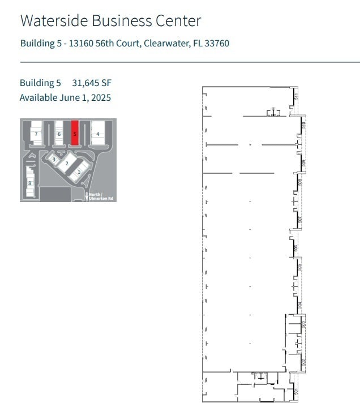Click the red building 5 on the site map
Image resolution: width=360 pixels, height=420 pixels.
75,134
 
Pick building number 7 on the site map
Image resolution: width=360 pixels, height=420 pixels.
36,134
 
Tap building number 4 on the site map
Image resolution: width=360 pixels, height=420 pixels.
98,134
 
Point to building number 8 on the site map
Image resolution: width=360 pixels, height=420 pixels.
29,183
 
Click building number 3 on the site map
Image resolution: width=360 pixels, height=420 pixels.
54,160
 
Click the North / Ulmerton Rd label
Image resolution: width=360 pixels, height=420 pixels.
101,196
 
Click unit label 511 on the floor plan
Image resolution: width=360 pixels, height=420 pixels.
297,97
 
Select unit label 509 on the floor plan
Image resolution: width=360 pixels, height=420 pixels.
303,163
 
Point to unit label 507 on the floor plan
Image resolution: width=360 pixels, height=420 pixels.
300,218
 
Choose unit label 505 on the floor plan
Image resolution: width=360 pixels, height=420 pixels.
300,266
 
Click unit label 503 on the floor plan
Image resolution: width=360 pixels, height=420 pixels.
303,325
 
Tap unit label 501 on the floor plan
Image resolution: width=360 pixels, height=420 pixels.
297,391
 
